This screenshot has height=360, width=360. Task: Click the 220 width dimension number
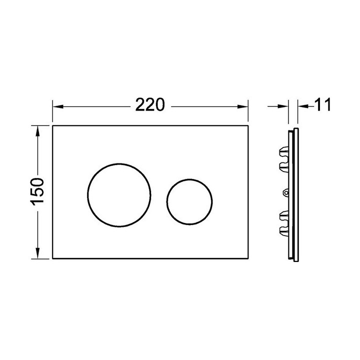[x=150, y=104]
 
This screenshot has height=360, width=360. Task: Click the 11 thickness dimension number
[x=322, y=104]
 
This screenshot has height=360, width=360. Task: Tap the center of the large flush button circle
[x=119, y=195]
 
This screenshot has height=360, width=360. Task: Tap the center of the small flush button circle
[x=189, y=201]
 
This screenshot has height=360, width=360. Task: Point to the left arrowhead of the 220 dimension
[x=57, y=106]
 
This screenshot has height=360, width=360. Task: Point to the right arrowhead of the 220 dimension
[x=243, y=106]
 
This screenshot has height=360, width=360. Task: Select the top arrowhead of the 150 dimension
[x=37, y=131]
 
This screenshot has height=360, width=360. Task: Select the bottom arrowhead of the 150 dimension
[x=37, y=253]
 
